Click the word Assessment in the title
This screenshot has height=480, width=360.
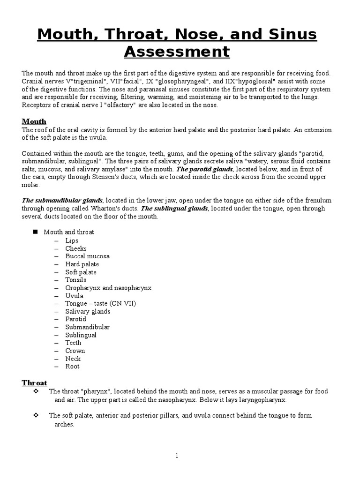(177, 51)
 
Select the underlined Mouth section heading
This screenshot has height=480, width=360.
(34, 121)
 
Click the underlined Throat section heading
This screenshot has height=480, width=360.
(34, 382)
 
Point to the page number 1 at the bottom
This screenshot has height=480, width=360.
(177, 455)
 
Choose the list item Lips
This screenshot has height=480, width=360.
(72, 240)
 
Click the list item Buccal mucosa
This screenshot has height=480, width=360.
(87, 256)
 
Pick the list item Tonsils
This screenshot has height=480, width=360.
(75, 280)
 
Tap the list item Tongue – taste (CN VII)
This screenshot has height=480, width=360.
(100, 303)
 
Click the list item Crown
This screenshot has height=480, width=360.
(75, 351)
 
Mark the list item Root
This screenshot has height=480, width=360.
(72, 367)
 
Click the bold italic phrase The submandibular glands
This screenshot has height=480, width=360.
(62, 200)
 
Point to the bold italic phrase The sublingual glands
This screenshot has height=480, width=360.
(174, 208)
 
